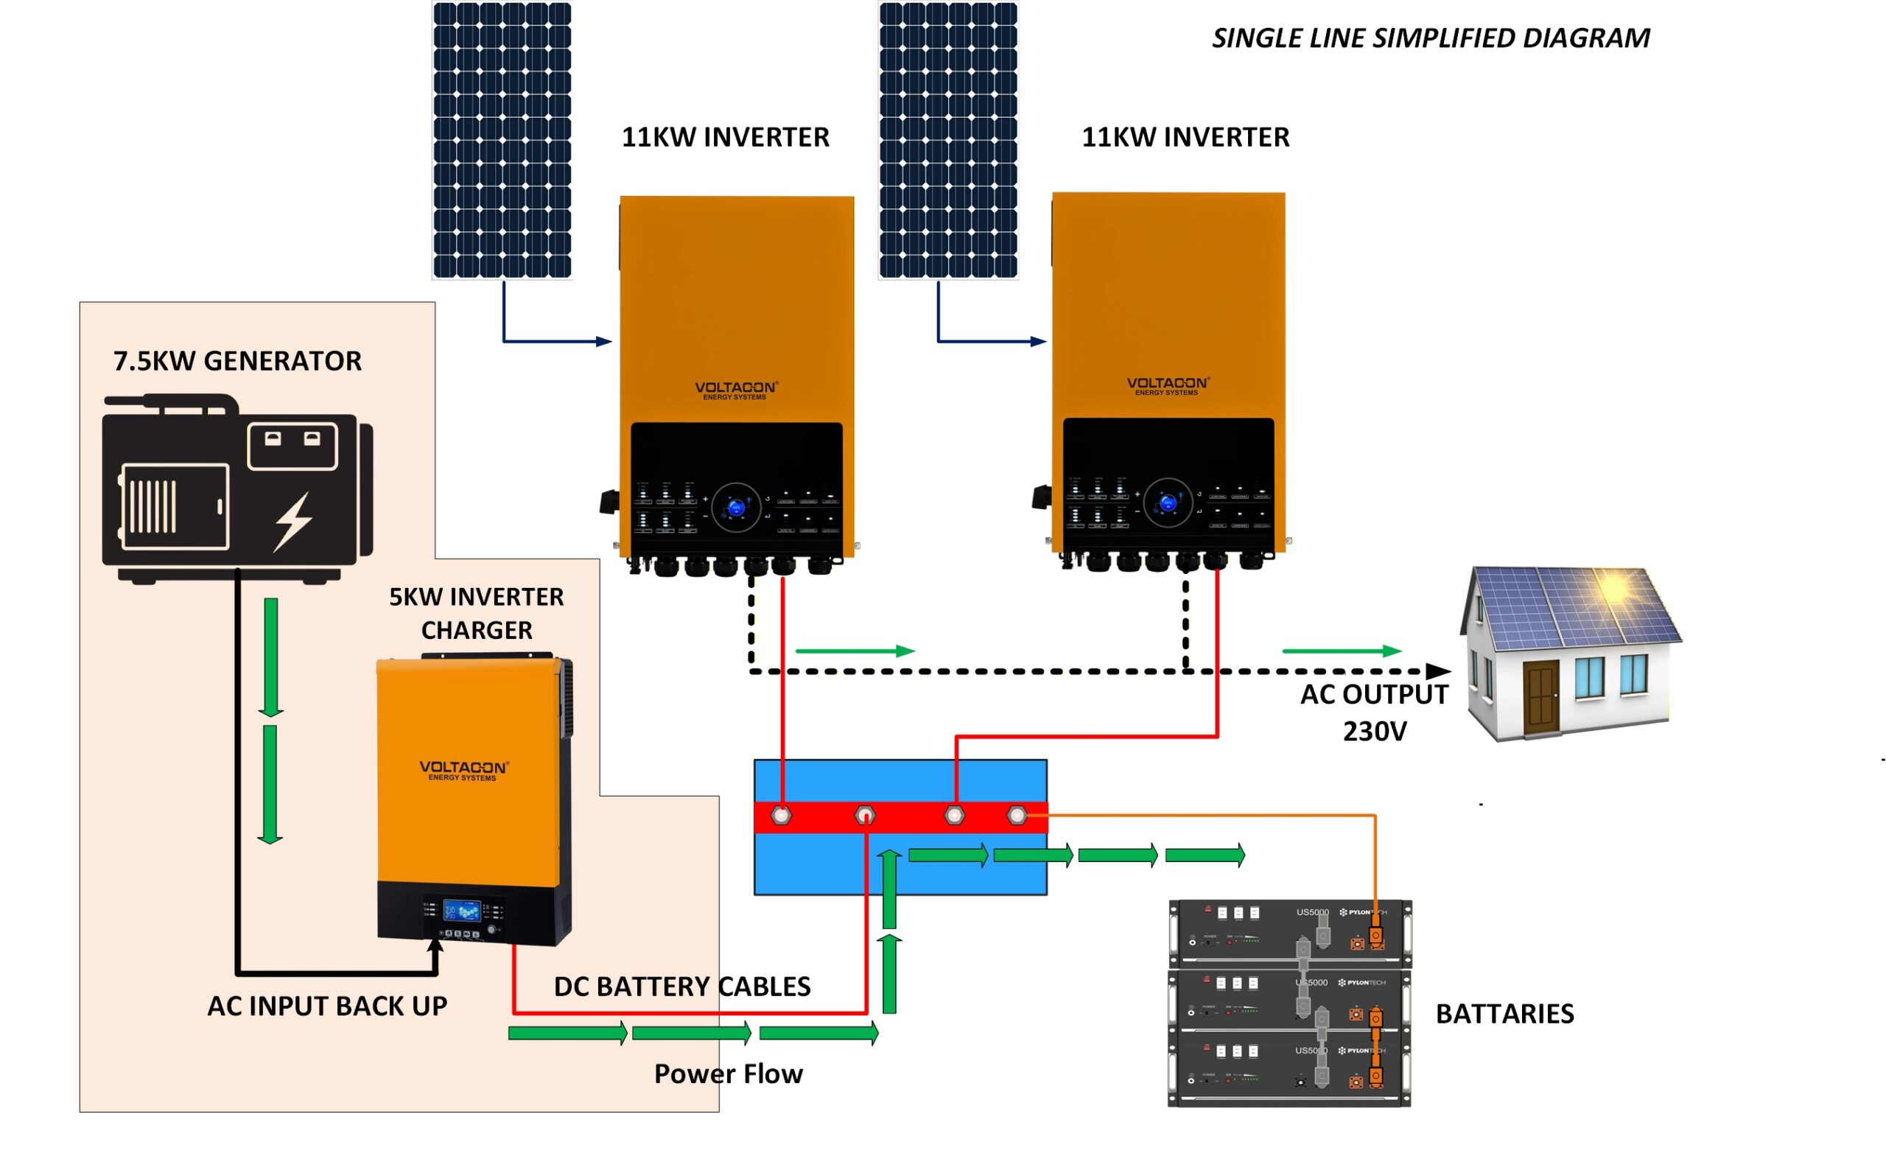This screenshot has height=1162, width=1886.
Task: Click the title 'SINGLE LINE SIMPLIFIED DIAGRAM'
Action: pyautogui.click(x=1430, y=38)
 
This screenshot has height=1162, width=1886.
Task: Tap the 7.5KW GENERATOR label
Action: pyautogui.click(x=236, y=360)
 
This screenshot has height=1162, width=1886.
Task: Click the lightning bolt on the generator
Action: pyautogui.click(x=293, y=522)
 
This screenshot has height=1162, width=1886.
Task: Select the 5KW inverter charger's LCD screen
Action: pyautogui.click(x=462, y=911)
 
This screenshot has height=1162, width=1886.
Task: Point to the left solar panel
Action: pyautogui.click(x=502, y=140)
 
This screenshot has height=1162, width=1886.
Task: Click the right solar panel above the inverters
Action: pyautogui.click(x=948, y=140)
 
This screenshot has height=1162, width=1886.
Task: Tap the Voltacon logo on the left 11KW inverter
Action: pyautogui.click(x=736, y=390)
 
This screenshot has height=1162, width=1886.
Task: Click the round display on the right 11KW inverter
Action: pyautogui.click(x=1168, y=503)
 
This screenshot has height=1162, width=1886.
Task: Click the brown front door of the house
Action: pyautogui.click(x=1541, y=696)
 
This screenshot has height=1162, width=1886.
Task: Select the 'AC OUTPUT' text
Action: pyautogui.click(x=1373, y=694)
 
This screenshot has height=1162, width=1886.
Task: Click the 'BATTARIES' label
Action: pyautogui.click(x=1504, y=1014)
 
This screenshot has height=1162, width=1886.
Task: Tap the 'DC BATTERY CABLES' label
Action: pyautogui.click(x=681, y=986)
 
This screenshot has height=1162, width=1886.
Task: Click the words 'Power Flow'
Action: pyautogui.click(x=728, y=1074)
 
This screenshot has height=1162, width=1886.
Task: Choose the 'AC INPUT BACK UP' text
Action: pyautogui.click(x=326, y=1006)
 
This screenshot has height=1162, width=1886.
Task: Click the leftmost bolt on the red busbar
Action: pyautogui.click(x=781, y=816)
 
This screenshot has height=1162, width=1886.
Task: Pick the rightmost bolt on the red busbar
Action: pyautogui.click(x=1017, y=816)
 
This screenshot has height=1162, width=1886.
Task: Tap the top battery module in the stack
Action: pyautogui.click(x=1290, y=933)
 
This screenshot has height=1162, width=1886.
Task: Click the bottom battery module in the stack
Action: pyautogui.click(x=1289, y=1071)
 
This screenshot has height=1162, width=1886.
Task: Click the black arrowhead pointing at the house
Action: pyautogui.click(x=1437, y=671)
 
